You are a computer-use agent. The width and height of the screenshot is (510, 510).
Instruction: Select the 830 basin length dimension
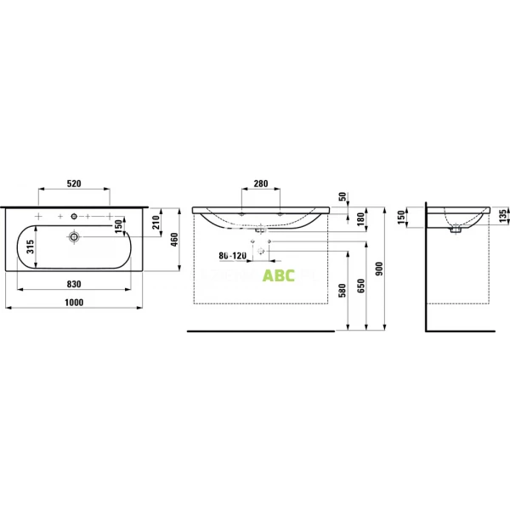tap(74, 283)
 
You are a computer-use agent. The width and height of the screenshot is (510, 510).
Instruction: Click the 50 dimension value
tap(343, 197)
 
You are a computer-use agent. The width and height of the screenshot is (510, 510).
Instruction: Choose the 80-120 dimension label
tap(232, 255)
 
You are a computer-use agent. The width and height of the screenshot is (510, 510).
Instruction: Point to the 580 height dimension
tap(343, 292)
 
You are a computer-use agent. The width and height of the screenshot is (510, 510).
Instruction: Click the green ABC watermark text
tap(277, 275)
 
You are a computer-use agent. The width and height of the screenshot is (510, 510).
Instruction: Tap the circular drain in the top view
tap(75, 237)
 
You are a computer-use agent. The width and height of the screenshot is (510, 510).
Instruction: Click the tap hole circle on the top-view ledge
tap(75, 214)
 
